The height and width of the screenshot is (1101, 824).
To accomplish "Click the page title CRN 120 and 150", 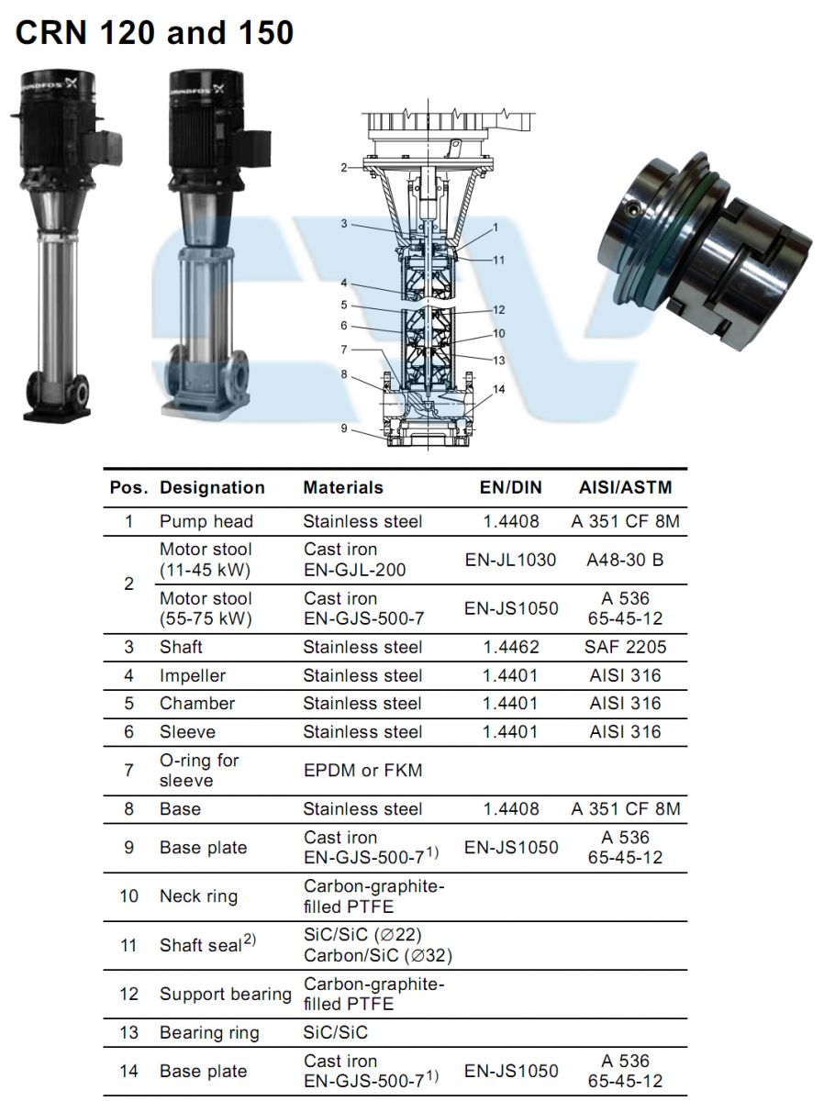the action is click(x=154, y=33).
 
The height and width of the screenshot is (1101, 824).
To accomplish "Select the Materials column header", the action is click(x=343, y=487).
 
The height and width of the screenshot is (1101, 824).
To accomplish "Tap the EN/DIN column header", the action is click(x=510, y=487).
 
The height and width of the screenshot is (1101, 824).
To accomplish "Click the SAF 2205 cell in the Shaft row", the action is click(x=625, y=647).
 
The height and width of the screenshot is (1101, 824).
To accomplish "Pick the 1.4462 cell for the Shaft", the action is click(x=510, y=647).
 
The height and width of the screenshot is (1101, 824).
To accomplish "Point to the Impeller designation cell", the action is click(x=193, y=675).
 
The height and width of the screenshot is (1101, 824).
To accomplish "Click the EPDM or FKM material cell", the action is click(x=362, y=770).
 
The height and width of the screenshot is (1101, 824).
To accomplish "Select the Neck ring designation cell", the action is click(x=198, y=895).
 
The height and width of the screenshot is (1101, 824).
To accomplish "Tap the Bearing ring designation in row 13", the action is click(x=209, y=1032).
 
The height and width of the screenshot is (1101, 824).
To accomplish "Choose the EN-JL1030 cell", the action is click(x=510, y=560).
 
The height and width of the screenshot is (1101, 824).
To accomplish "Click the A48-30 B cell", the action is click(x=625, y=560).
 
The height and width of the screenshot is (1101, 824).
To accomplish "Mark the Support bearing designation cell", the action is click(x=225, y=995).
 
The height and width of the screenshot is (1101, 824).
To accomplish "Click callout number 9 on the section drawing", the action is click(x=343, y=428).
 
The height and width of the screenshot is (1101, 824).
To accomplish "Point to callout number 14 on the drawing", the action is click(x=498, y=389).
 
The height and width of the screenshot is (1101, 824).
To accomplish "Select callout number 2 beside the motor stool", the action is click(x=343, y=168).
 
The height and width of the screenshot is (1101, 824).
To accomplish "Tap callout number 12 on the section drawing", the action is click(x=498, y=310).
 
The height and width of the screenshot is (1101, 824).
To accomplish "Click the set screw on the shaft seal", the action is click(x=635, y=207).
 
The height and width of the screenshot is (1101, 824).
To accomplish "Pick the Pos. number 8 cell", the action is click(x=128, y=809).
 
